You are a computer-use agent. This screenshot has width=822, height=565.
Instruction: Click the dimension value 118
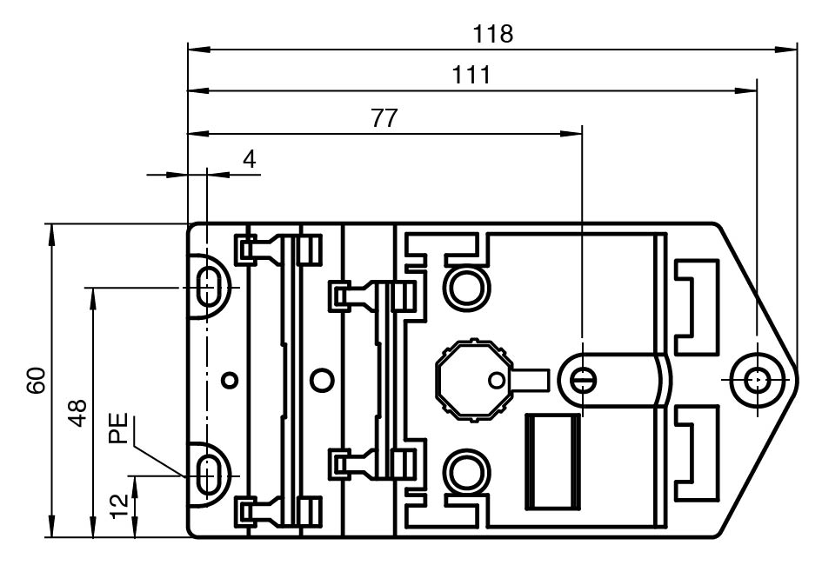[492, 34]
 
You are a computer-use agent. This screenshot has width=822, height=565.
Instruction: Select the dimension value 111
[471, 76]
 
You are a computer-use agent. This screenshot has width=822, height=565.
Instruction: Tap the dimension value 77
[384, 119]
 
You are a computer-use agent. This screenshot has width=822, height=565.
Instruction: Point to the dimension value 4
[250, 160]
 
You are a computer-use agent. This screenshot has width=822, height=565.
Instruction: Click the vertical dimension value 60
[36, 381]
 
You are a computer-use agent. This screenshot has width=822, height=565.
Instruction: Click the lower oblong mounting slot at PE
[208, 475]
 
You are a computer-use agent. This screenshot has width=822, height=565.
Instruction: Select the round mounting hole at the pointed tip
[756, 380]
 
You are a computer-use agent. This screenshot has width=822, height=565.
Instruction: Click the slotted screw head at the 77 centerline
[582, 380]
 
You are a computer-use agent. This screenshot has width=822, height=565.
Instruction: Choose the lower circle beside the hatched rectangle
[463, 475]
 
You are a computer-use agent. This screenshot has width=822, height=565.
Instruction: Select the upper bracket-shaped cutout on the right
[698, 305]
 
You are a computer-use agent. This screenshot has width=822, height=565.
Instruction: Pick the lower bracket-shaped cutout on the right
[698, 455]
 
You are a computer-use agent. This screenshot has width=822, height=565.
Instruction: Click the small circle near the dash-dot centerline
[229, 380]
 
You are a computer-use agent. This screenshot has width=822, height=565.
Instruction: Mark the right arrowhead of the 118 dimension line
[791, 48]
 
